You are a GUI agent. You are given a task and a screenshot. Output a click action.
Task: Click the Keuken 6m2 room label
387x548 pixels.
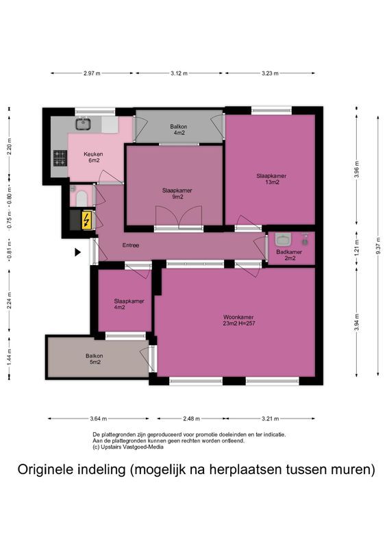(93, 158)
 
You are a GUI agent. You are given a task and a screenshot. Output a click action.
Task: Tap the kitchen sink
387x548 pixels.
(84, 124)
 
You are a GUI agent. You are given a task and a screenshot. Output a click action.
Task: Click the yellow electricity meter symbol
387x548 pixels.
(86, 220)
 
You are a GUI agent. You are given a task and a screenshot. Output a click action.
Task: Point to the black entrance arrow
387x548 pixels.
(77, 252)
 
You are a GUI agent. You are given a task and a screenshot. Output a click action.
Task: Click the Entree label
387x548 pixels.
(131, 245)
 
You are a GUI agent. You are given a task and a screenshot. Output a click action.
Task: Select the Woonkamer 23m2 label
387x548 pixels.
(238, 321)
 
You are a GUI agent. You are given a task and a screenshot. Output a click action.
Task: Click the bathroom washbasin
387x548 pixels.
(282, 240)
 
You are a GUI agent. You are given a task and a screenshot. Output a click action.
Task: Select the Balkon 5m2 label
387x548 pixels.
(94, 359)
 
